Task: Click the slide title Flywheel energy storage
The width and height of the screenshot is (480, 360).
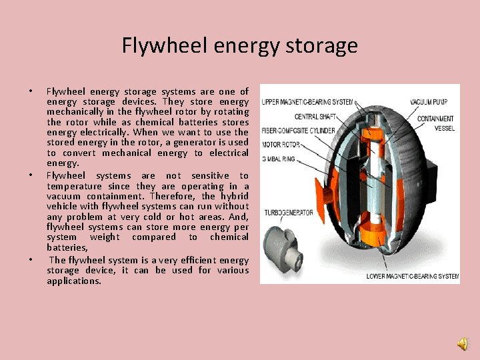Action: pyautogui.click(x=240, y=45)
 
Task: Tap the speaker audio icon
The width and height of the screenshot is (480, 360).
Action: pyautogui.click(x=462, y=343)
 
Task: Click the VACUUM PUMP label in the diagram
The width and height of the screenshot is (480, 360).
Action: pyautogui.click(x=429, y=102)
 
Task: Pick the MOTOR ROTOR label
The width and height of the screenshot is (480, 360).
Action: pyautogui.click(x=281, y=144)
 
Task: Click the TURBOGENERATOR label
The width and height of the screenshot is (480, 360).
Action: pyautogui.click(x=287, y=213)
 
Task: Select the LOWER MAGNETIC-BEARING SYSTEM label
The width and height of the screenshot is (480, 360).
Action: pyautogui.click(x=413, y=275)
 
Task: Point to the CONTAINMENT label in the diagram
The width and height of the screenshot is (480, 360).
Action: pyautogui.click(x=435, y=119)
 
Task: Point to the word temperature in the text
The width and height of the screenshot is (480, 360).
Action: pyautogui.click(x=74, y=187)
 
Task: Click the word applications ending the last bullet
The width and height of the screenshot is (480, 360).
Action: pyautogui.click(x=74, y=281)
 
